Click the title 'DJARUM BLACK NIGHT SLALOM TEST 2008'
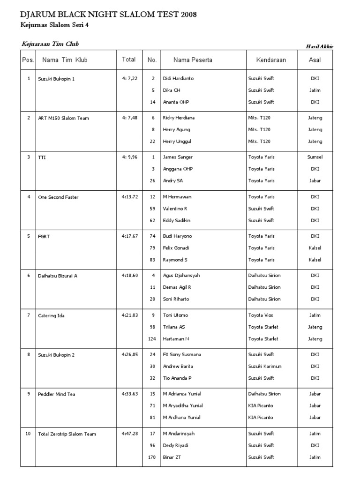(109, 15)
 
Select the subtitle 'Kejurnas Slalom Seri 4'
(55, 26)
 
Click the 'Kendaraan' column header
(271, 60)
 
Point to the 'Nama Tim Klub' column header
(65, 60)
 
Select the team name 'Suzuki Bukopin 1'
(56, 79)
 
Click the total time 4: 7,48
(129, 118)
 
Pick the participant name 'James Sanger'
(178, 157)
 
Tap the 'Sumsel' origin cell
(315, 157)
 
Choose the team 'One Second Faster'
(58, 197)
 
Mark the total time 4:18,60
(129, 276)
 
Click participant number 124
(151, 339)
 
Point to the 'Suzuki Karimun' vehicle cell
(265, 367)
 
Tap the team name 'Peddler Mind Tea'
(56, 394)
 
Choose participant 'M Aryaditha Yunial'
(183, 406)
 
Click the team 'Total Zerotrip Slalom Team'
(67, 434)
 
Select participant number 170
(151, 457)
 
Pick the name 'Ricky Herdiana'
(179, 118)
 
